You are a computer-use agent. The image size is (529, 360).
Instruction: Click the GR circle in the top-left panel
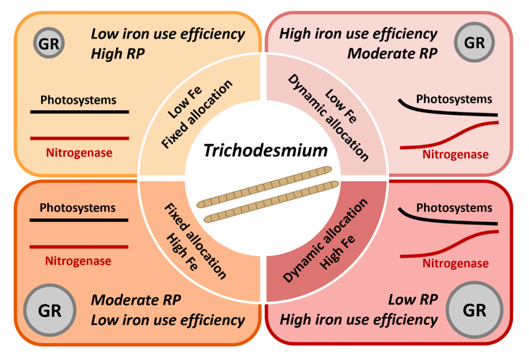(x=49, y=43)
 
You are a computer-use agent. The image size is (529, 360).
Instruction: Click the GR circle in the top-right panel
(x=474, y=42)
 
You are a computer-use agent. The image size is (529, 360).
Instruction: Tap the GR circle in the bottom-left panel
(x=50, y=310)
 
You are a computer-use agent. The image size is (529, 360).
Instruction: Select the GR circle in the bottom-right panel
(x=474, y=310)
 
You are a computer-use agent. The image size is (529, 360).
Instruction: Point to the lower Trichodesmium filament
(x=272, y=201)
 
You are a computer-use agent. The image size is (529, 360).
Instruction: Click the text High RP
(x=118, y=53)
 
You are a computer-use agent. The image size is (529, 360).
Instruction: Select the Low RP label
(x=413, y=299)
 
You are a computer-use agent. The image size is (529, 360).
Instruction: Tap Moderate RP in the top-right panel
(x=392, y=53)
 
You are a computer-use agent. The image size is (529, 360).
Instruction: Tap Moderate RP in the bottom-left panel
(x=136, y=300)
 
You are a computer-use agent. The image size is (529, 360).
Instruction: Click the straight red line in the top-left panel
(x=80, y=138)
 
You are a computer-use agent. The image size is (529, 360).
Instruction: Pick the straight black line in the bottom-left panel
(x=79, y=220)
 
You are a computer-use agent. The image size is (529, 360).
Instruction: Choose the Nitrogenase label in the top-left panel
(x=79, y=153)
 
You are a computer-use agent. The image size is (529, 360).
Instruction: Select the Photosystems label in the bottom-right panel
(x=454, y=208)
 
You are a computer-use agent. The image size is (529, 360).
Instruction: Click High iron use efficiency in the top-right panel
(x=358, y=34)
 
